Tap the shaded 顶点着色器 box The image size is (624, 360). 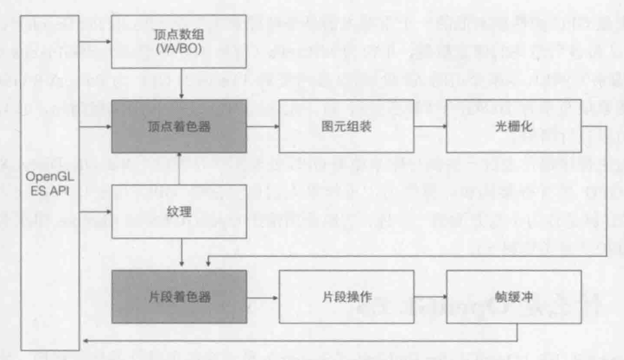(x=179, y=126)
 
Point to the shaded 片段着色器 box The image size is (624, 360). (x=179, y=297)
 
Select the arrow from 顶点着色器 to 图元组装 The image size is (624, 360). (x=263, y=126)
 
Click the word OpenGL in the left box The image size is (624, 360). (x=50, y=178)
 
